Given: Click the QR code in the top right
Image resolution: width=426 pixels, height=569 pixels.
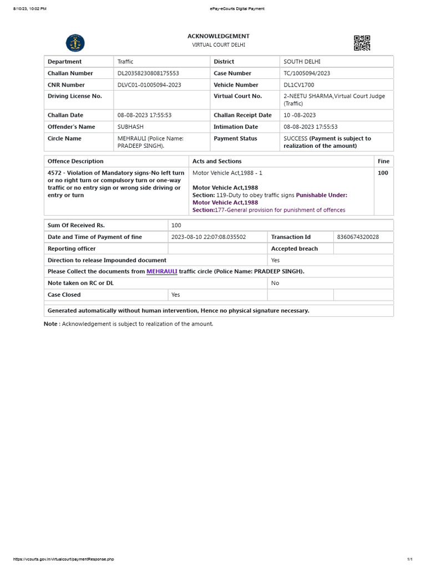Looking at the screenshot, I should pos(362,43).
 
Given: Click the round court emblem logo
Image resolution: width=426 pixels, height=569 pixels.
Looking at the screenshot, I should pos(75,43).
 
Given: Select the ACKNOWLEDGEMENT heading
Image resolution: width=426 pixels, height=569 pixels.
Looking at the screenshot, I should pos(218,36).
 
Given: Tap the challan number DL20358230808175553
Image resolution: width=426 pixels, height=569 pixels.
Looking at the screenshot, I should pos(148,73).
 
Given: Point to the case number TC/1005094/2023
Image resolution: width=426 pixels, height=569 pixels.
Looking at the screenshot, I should pos(307,73).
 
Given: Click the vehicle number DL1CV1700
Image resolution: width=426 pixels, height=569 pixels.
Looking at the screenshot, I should pos(301,85).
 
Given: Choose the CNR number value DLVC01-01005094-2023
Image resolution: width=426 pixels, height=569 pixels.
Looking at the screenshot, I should pos(149,85).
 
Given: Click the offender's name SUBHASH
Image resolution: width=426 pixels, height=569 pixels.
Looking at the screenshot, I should pos(130,127).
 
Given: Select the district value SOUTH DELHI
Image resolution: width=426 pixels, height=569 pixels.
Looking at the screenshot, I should pos(302,62).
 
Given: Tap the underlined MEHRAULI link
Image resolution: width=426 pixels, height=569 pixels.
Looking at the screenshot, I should pos(161,272).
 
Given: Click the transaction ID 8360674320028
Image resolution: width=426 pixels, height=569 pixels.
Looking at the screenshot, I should pos(358,237).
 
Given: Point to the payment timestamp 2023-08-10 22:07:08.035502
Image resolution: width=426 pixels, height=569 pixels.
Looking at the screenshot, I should pos(209,237).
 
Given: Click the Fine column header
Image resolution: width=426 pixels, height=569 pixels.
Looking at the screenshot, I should pos(383,161).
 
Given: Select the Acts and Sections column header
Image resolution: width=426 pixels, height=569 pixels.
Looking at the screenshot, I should pos(217,161).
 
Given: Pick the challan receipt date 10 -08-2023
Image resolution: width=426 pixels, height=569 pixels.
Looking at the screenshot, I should pos(300,115).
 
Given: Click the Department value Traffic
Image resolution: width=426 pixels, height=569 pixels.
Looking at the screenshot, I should pos(125,62).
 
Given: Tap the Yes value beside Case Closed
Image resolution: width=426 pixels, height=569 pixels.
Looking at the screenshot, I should pos(175,295).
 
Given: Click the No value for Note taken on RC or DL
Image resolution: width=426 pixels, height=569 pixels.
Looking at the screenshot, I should pos(275,283).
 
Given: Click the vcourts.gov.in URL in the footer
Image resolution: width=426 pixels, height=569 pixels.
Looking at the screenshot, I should pos(63,559).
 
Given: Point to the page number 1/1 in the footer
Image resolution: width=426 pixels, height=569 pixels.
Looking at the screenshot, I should pos(410,559).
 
